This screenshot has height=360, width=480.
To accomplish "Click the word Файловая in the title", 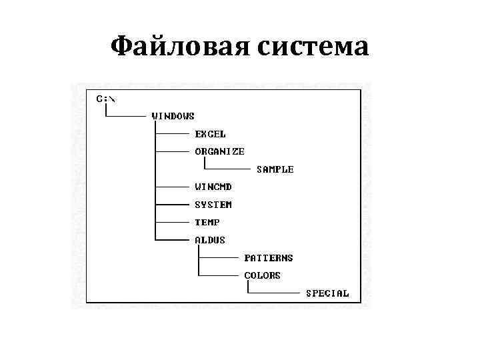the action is tap(171, 47).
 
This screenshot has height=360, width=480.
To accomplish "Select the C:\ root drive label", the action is tap(105, 99).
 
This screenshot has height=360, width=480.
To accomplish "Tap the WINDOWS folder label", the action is tap(173, 116).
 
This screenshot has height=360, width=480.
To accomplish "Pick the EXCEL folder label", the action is tap(210, 134).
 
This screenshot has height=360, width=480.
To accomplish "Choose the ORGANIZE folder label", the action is tap(219, 151).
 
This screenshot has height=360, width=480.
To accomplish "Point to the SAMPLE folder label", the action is tap(275, 169).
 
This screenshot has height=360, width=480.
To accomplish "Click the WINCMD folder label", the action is tap(214, 187).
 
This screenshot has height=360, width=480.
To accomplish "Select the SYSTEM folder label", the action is tap(213, 205).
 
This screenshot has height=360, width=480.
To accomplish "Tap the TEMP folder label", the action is tap(207, 222).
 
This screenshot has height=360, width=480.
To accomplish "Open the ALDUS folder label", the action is tap(210, 240).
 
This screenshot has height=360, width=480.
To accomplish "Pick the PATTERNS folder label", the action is tap(269, 257).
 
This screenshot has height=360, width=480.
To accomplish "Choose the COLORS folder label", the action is tap(262, 275).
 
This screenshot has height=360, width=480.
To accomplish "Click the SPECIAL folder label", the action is tap(327, 293).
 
